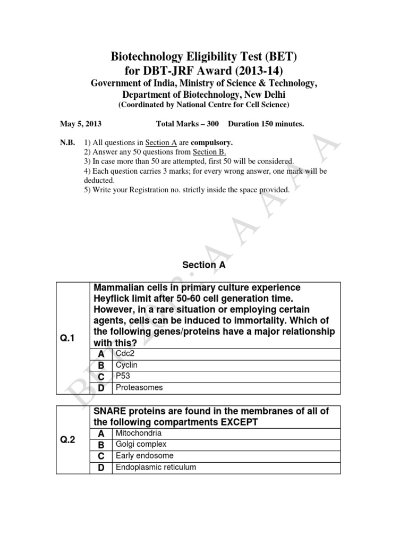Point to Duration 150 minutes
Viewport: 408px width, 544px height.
pos(266,124)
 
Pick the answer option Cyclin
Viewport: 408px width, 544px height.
pos(126,365)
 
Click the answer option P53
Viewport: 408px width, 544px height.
pos(123,377)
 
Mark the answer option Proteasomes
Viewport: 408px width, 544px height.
pos(139,388)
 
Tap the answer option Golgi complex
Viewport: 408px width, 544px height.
pos(141,444)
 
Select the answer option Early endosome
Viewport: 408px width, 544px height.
pos(144,456)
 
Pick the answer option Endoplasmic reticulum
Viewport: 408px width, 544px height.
pos(156,467)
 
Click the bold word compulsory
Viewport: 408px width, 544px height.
pos(212,143)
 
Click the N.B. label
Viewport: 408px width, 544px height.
pos(67,143)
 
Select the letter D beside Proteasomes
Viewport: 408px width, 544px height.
pos(101,388)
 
